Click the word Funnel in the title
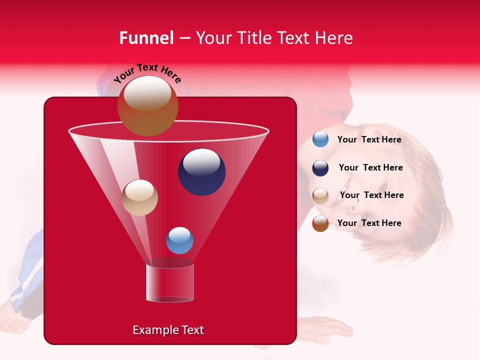pyautogui.click(x=146, y=38)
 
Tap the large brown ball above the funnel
pyautogui.click(x=147, y=106)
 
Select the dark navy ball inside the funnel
pyautogui.click(x=201, y=172)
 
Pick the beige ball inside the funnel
pyautogui.click(x=139, y=197)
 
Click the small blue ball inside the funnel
pyautogui.click(x=179, y=240)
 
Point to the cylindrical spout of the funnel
pyautogui.click(x=169, y=283)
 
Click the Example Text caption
pyautogui.click(x=168, y=330)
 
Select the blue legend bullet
pyautogui.click(x=320, y=139)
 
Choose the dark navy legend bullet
pyautogui.click(x=320, y=168)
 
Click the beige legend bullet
pyautogui.click(x=320, y=196)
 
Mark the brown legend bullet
pyautogui.click(x=320, y=223)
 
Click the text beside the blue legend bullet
pyautogui.click(x=369, y=139)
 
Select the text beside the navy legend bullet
pyautogui.click(x=370, y=167)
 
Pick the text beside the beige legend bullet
pyautogui.click(x=371, y=195)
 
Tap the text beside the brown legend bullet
pyautogui.click(x=369, y=223)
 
